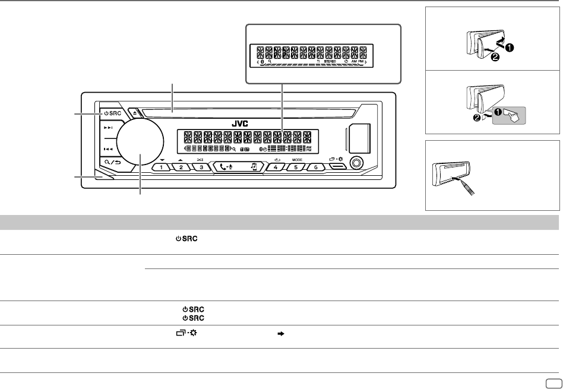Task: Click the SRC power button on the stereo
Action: coord(109,113)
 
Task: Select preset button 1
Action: coord(160,167)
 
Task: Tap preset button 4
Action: coord(276,167)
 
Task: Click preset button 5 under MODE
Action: coord(296,167)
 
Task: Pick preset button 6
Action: coord(317,167)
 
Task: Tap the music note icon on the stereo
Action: coord(254,167)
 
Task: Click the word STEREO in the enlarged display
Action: coord(330,61)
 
